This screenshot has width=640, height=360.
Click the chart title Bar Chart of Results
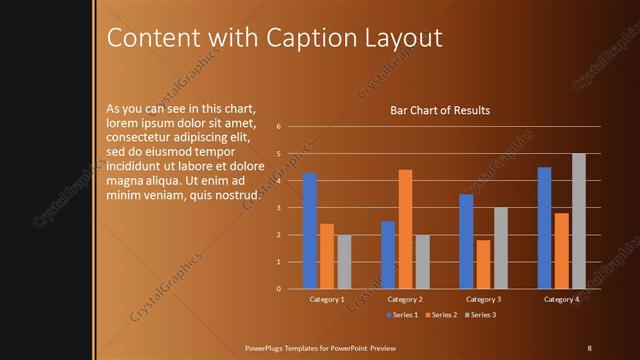coord(440,110)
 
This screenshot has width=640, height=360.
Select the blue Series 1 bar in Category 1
coord(310,231)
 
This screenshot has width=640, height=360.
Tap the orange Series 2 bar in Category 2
coord(405,229)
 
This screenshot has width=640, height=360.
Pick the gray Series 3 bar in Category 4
coord(579,221)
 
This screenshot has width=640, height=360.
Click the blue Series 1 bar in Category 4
coord(544,228)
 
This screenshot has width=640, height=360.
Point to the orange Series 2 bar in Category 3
coord(483,264)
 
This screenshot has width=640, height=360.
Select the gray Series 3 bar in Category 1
coord(344,262)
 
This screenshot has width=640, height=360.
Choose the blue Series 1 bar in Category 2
coord(388,255)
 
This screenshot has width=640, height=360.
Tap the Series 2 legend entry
coord(440,315)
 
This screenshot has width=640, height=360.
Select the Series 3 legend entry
coord(479,315)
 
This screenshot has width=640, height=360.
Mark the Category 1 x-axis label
coord(327,299)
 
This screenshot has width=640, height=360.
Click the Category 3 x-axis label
coord(483,299)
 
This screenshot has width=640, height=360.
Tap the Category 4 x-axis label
coord(561,299)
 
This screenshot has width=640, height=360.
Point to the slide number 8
coord(589,347)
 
